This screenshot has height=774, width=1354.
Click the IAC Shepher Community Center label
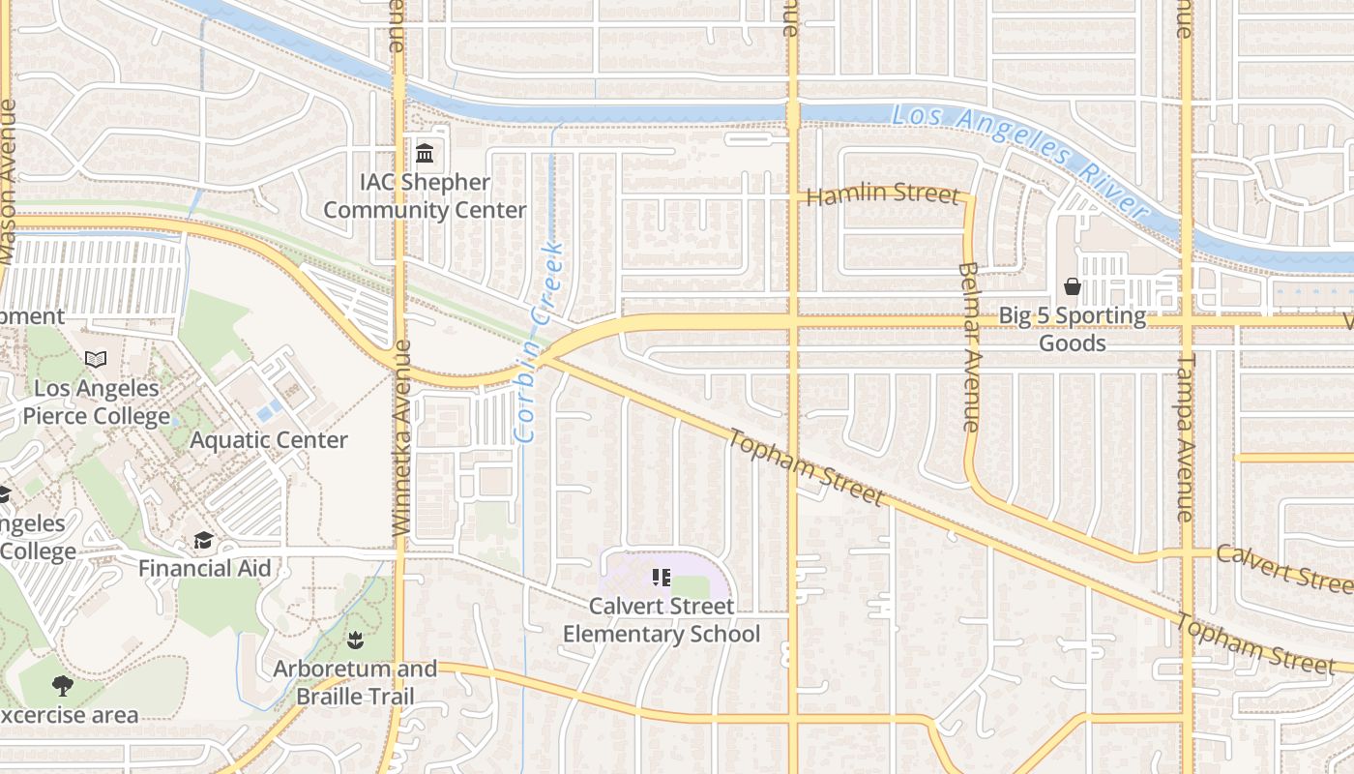point(425,196)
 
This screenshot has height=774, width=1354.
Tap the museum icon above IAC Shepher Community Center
point(425,153)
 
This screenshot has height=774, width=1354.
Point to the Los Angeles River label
point(1018,159)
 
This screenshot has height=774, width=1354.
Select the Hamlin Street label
point(882,193)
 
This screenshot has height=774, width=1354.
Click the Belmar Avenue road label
point(970,345)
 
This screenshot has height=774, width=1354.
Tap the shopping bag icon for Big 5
point(1072,286)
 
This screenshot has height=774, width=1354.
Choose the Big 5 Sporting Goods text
point(1072,329)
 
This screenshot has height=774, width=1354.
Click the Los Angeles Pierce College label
point(97,402)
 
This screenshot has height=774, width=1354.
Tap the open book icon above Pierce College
point(96,360)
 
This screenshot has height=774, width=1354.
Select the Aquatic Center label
point(269,440)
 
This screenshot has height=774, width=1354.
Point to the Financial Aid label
point(204,568)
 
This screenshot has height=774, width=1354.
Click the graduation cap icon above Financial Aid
point(203,540)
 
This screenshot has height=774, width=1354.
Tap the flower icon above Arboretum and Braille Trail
point(355,640)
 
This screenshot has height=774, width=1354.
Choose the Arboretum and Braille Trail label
point(355,682)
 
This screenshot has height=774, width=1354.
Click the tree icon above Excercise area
point(63,687)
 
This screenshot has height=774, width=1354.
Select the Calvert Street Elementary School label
point(662,620)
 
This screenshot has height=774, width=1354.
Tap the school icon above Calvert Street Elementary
point(662,579)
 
